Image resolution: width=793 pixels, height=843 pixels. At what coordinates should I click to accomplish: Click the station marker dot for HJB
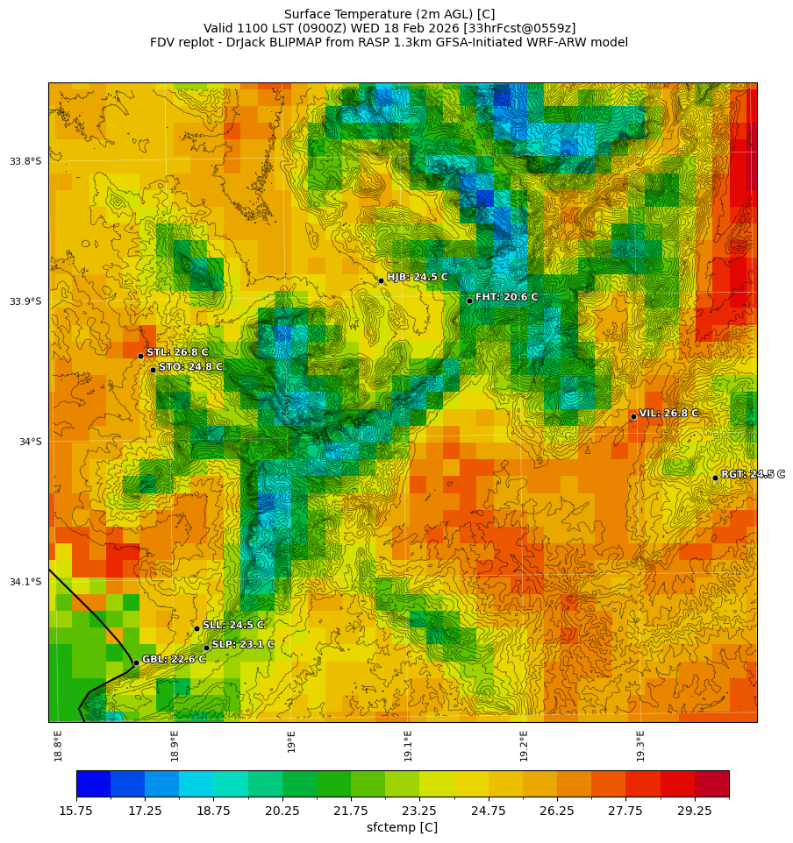[x=381, y=280]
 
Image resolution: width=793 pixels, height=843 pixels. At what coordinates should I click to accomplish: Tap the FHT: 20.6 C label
[x=506, y=297]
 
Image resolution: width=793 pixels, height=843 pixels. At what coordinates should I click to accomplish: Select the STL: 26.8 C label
[x=177, y=352]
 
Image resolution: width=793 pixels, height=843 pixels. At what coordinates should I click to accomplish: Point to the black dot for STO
[x=153, y=370]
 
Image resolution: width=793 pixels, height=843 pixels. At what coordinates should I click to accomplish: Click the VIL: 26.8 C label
[x=668, y=413]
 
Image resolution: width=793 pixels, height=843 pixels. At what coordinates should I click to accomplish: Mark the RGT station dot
[x=715, y=478]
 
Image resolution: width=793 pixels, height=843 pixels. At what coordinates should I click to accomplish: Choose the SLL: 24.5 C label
[x=233, y=625]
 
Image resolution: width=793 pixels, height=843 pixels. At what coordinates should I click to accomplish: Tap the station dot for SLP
[x=206, y=648]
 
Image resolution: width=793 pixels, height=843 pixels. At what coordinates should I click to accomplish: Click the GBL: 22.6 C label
[x=174, y=659]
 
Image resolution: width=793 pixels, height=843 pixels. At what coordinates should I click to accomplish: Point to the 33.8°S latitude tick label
[x=25, y=161]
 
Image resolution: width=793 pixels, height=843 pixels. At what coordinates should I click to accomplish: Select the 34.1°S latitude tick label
[x=25, y=582]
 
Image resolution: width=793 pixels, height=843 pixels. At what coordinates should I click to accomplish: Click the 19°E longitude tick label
[x=291, y=741]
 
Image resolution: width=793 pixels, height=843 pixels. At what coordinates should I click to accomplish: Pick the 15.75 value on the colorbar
[x=76, y=811]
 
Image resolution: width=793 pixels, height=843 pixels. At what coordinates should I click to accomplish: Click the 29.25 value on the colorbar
[x=695, y=811]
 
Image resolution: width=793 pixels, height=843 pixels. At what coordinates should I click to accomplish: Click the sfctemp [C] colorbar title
[x=402, y=827]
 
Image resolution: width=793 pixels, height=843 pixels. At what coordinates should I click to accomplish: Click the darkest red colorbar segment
[x=711, y=783]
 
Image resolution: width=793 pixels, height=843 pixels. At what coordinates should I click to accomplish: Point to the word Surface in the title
[x=310, y=14]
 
